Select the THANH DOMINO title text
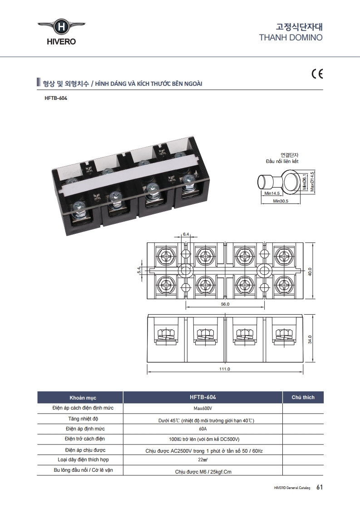pyautogui.click(x=291, y=37)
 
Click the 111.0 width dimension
pyautogui.click(x=225, y=369)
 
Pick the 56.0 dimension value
pyautogui.click(x=225, y=304)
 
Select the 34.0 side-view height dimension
pyautogui.click(x=310, y=340)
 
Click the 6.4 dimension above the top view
pyautogui.click(x=186, y=234)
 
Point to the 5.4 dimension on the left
pyautogui.click(x=139, y=271)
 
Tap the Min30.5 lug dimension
pyautogui.click(x=281, y=201)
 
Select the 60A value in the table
pyautogui.click(x=202, y=429)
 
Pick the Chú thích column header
pyautogui.click(x=303, y=397)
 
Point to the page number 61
pyautogui.click(x=319, y=487)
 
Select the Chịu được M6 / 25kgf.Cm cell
pyautogui.click(x=203, y=472)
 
